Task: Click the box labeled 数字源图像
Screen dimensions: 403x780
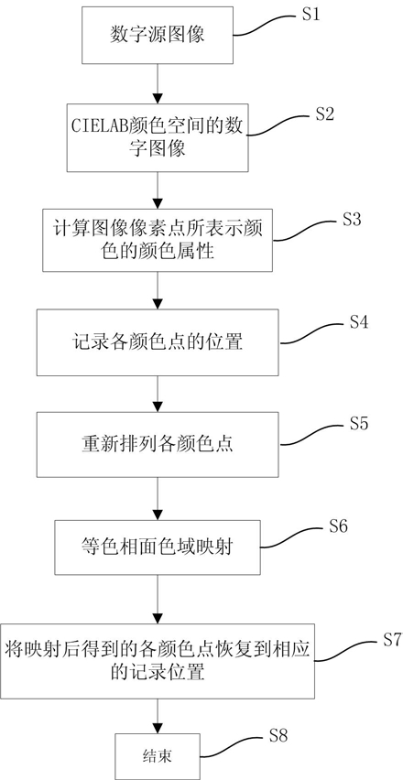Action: pos(158,36)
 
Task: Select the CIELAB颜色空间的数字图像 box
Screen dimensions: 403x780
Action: pos(158,138)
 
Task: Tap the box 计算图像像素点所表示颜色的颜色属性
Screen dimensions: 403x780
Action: pos(158,240)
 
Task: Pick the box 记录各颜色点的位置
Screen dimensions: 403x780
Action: pos(158,342)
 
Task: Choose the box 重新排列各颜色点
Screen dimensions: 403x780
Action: pos(158,444)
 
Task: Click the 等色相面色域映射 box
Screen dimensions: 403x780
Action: pos(158,547)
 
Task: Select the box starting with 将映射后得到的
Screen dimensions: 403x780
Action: pos(158,661)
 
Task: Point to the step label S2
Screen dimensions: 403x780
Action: pos(325,114)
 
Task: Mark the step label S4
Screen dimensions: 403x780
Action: pos(358,322)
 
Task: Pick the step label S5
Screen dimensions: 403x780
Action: pos(358,424)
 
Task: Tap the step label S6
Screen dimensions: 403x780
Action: pos(338,526)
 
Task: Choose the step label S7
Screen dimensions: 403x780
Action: pos(392,640)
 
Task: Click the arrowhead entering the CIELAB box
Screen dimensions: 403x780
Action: pos(158,97)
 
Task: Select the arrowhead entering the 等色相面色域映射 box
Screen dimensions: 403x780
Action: pos(158,514)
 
